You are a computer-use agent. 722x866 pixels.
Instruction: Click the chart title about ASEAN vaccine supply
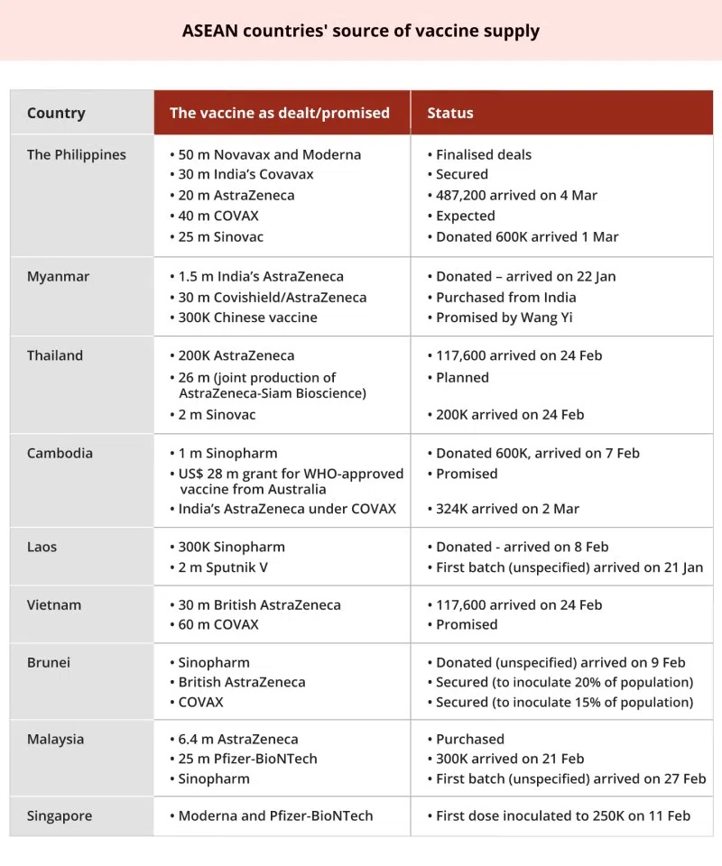pos(361,31)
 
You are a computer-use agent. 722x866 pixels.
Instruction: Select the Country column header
pos(56,113)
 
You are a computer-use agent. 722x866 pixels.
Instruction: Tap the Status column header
pos(450,113)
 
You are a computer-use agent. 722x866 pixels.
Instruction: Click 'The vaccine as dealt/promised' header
pos(280,113)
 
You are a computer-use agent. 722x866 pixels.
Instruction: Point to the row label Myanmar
pos(58,277)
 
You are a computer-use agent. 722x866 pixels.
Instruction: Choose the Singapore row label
pos(60,816)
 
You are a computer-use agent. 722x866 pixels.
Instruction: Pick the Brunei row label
pos(49,663)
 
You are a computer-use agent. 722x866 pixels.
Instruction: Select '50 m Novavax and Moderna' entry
pos(269,154)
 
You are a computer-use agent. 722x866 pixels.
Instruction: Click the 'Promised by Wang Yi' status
pos(504,318)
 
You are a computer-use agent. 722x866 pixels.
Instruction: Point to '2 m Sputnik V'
pos(223,567)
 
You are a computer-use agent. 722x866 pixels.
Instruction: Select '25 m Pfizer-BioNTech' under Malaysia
pos(247,759)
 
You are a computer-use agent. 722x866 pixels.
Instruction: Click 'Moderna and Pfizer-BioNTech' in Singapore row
pos(275,816)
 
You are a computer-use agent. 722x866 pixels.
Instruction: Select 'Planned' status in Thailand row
pos(462,377)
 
